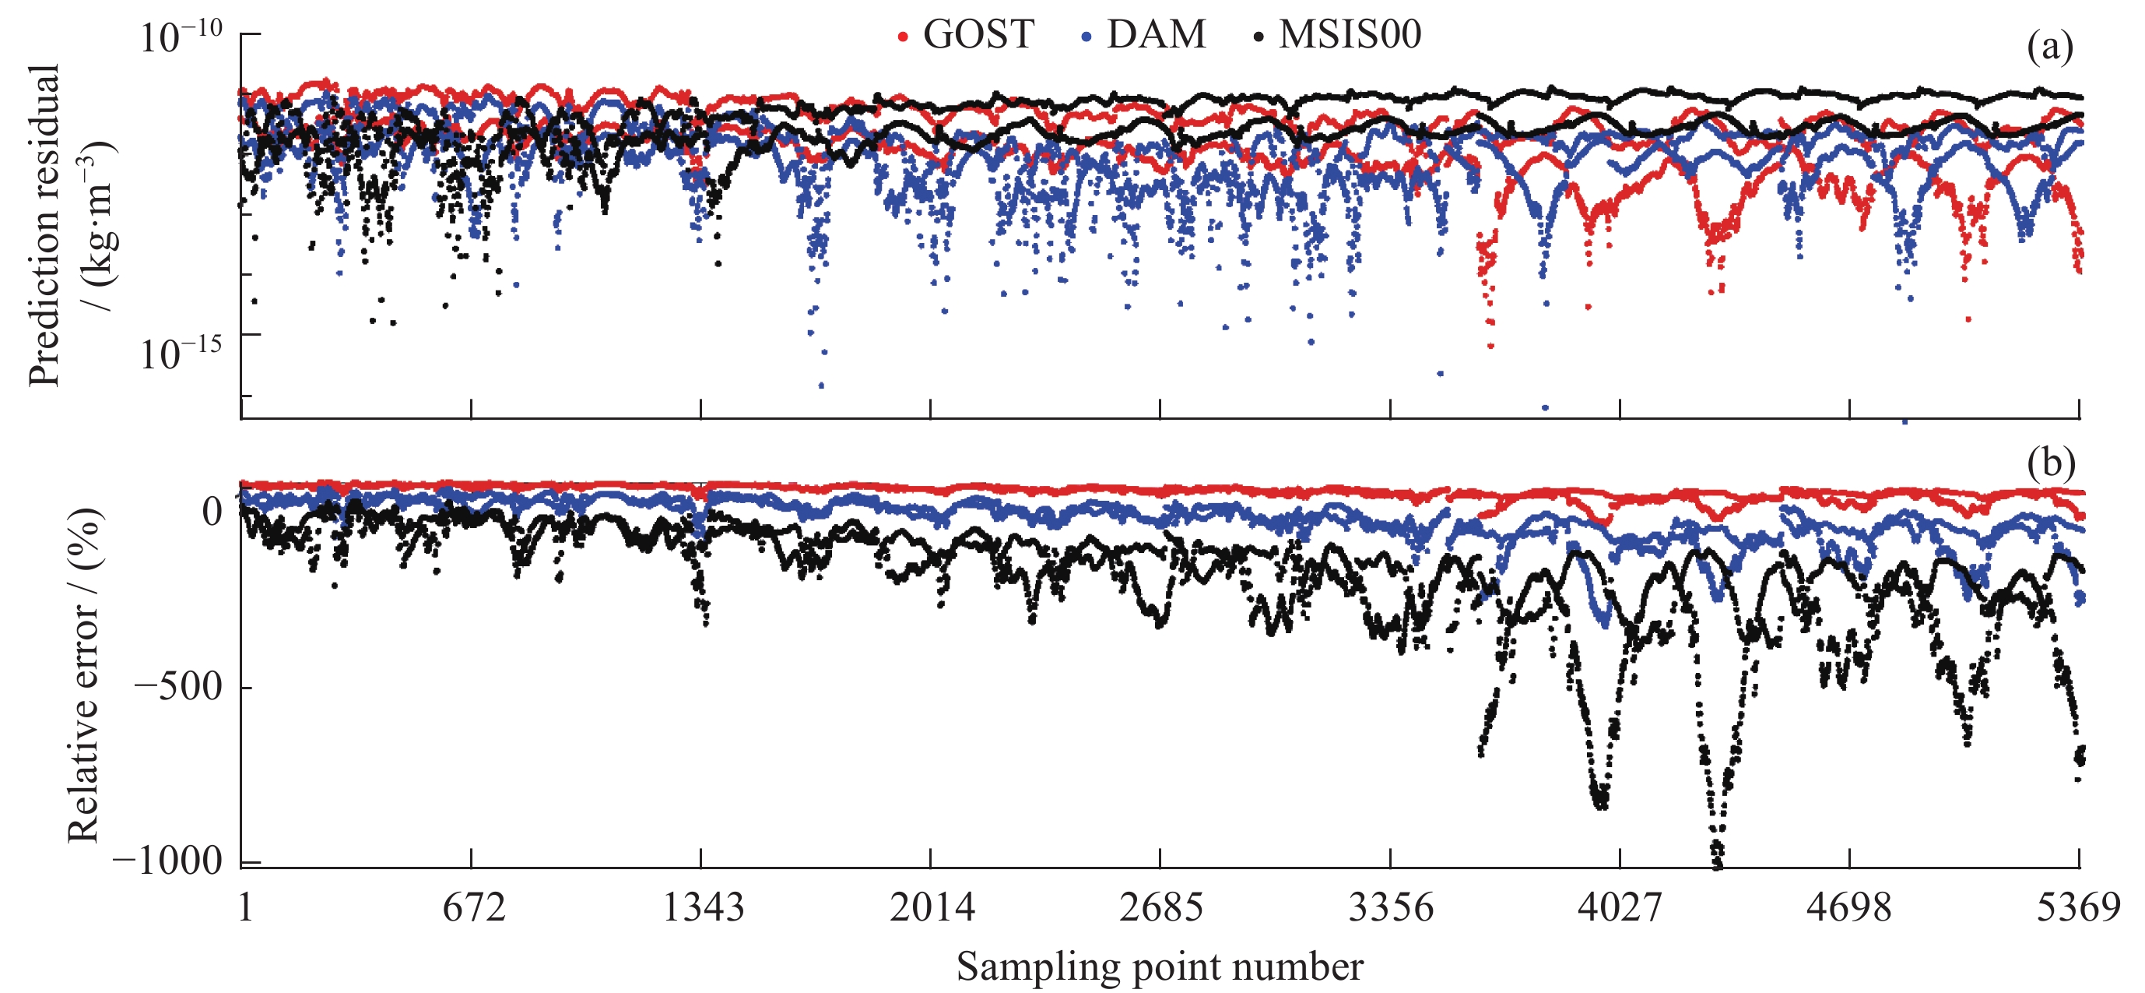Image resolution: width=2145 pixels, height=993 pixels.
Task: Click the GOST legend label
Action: (978, 35)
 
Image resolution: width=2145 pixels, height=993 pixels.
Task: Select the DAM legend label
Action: (1156, 35)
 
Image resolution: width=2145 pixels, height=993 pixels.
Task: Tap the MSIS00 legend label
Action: (1350, 35)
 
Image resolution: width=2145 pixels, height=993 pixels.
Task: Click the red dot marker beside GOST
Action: (903, 37)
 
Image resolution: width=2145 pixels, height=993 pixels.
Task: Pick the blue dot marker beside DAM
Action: (1086, 37)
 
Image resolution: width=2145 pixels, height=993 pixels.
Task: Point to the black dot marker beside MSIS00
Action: (1259, 37)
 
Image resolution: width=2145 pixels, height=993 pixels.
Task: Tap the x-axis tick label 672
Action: (474, 907)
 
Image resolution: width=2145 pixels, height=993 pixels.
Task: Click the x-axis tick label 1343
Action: (703, 907)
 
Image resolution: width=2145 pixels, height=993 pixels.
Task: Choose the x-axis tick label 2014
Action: (932, 907)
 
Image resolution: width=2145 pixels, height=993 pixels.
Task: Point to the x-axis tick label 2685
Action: (1160, 907)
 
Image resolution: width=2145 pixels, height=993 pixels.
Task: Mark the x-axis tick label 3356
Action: (1391, 907)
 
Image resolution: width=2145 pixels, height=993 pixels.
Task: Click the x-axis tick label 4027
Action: (1620, 907)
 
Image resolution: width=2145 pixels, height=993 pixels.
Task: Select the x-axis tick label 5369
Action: (2078, 907)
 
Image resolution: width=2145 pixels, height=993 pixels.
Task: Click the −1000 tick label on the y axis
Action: (168, 861)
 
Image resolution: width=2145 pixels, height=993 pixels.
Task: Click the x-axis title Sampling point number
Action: (1159, 967)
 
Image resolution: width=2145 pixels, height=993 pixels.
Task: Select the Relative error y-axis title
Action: (84, 674)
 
